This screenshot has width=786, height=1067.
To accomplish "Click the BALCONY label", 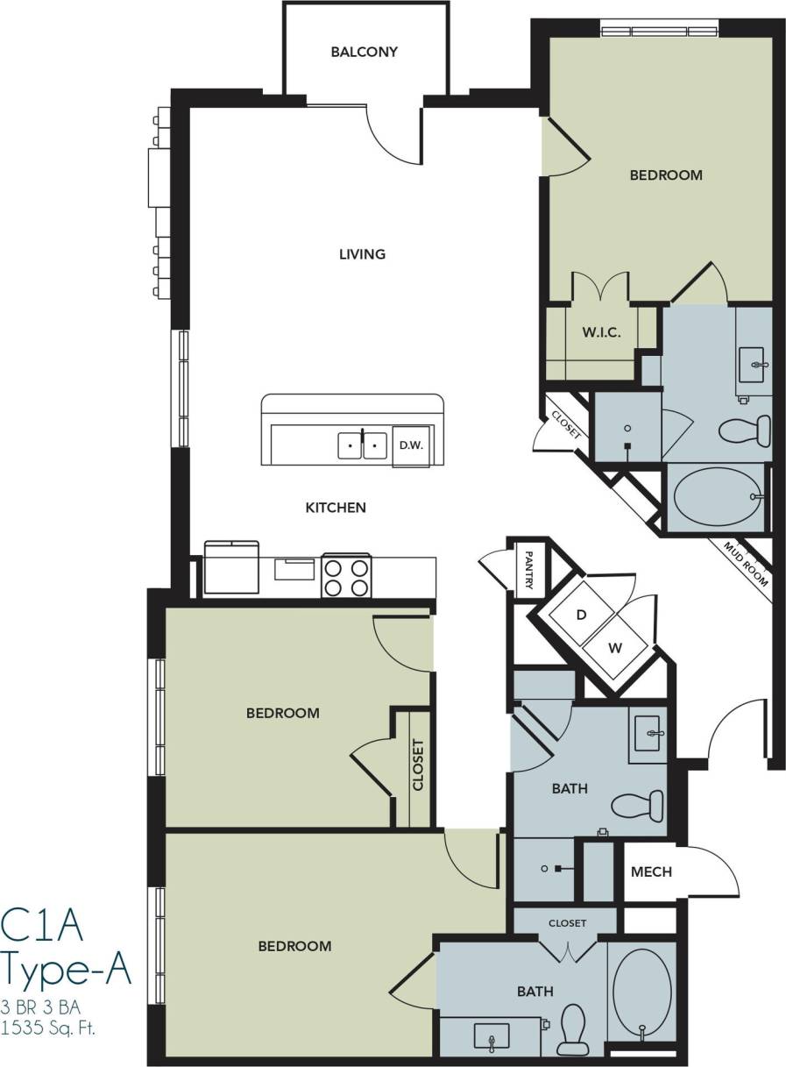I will (364, 52).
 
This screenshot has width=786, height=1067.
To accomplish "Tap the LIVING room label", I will (362, 254).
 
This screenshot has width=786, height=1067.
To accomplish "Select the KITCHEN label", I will (335, 508).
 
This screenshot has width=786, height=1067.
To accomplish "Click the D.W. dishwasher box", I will (411, 445).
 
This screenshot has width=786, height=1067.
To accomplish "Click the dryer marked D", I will (580, 615).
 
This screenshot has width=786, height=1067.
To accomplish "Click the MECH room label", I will (651, 871).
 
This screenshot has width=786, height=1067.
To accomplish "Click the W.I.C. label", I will (601, 333).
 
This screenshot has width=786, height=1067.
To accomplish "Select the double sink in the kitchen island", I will (363, 445).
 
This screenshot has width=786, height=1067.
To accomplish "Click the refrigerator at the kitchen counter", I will (231, 568).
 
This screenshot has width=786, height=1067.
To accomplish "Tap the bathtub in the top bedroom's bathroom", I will (716, 497).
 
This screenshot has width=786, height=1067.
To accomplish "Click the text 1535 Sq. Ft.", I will (49, 1027).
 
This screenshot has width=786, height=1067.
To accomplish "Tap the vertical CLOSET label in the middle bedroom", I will (418, 765).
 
